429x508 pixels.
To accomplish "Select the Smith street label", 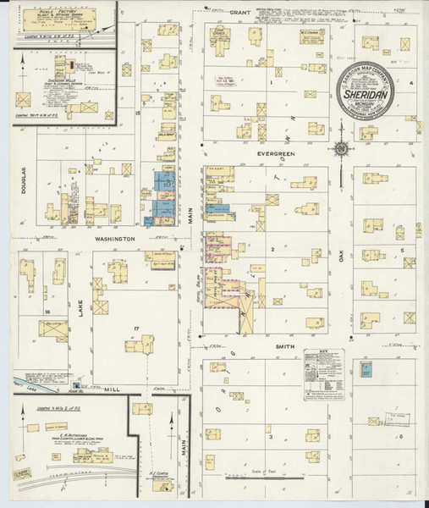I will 283,346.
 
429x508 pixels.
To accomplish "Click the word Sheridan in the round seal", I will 374,97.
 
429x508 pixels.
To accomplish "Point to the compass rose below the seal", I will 342,150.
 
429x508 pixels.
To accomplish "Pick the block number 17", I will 135,327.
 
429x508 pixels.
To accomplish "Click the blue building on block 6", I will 366,369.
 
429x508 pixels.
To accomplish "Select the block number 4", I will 410,83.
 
